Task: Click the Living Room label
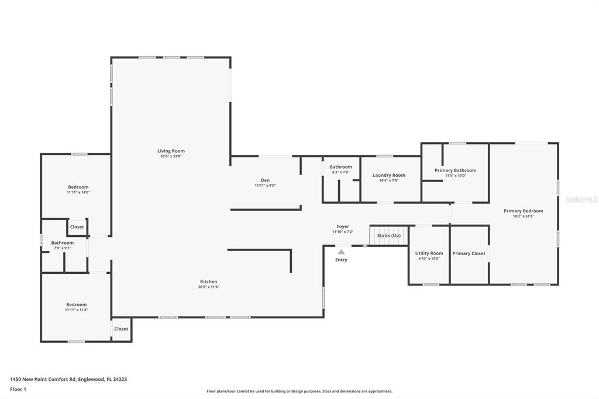(171, 151)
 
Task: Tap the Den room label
(265, 180)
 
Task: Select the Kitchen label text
(209, 281)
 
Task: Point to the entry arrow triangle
(341, 252)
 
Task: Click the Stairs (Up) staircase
(389, 235)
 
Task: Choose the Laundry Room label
(389, 175)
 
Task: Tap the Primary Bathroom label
(455, 170)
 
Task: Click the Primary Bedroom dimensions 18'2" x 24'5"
(523, 216)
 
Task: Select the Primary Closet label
(469, 253)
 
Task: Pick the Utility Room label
(429, 253)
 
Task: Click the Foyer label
(343, 226)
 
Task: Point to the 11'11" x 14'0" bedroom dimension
(78, 192)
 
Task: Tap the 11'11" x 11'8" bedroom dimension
(77, 310)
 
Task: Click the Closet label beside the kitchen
(121, 329)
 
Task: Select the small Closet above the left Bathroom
(77, 226)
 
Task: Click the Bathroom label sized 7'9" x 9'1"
(62, 243)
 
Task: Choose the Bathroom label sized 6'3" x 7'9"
(341, 167)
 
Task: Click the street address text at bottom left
(68, 380)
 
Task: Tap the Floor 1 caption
(18, 390)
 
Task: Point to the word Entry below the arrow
(341, 260)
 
